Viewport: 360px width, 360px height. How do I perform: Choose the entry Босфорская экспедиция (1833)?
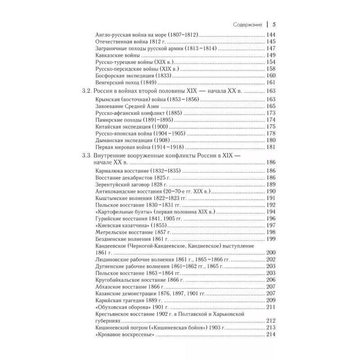pos(131,76)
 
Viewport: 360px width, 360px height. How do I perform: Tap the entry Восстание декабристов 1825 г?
pos(130,178)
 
